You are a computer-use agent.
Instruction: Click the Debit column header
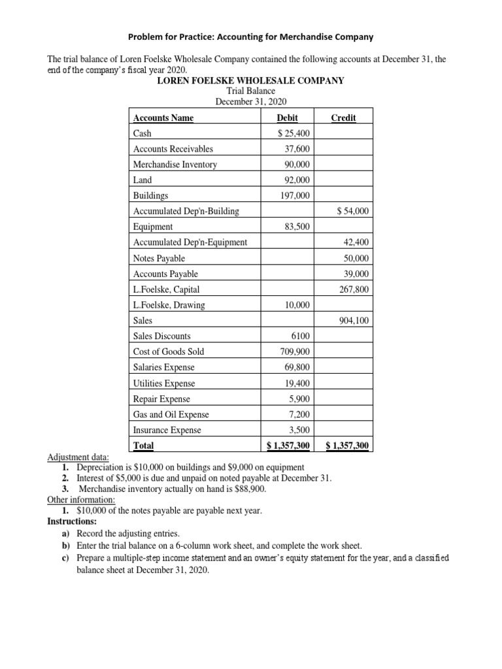[x=288, y=118]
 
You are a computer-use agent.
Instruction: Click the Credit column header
[x=343, y=118]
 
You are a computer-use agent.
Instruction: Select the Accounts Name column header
[x=163, y=118]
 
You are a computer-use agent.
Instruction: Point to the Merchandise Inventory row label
[x=175, y=165]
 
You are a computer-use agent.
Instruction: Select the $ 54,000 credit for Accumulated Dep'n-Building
[x=352, y=211]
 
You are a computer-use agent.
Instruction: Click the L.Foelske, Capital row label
[x=166, y=289]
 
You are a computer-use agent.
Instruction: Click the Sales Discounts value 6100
[x=301, y=336]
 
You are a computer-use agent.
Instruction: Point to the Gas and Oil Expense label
[x=171, y=414]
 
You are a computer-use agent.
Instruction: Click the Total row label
[x=143, y=446]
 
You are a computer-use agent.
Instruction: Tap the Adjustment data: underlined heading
[x=78, y=457]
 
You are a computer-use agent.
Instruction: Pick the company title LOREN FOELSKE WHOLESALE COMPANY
[x=250, y=80]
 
